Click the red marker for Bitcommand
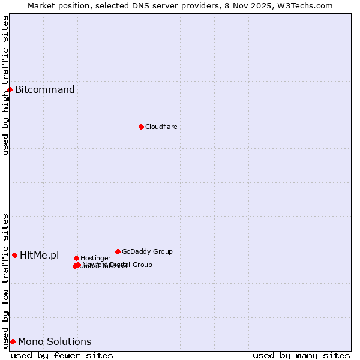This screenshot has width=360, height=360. click(x=10, y=89)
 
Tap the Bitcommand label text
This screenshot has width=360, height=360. click(x=45, y=90)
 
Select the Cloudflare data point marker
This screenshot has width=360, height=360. click(x=141, y=127)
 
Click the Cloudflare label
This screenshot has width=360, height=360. click(x=161, y=127)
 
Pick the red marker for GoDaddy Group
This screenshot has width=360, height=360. click(x=118, y=251)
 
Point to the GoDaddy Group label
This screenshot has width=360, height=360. click(x=147, y=251)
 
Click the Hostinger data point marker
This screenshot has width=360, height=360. click(x=76, y=258)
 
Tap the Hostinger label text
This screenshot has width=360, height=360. click(x=95, y=259)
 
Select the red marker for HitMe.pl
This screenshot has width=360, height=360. click(x=14, y=255)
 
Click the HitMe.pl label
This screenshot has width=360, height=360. click(x=40, y=256)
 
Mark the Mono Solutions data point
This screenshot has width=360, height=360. click(x=13, y=341)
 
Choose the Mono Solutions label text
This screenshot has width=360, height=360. click(x=55, y=342)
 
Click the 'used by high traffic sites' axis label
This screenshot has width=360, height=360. click(x=5, y=85)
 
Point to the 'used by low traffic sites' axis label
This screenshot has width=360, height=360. click(x=5, y=281)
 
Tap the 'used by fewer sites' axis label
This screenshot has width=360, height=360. click(x=62, y=355)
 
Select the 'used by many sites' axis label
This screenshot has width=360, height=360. click(x=301, y=355)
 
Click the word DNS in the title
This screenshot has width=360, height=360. click(x=146, y=5)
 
